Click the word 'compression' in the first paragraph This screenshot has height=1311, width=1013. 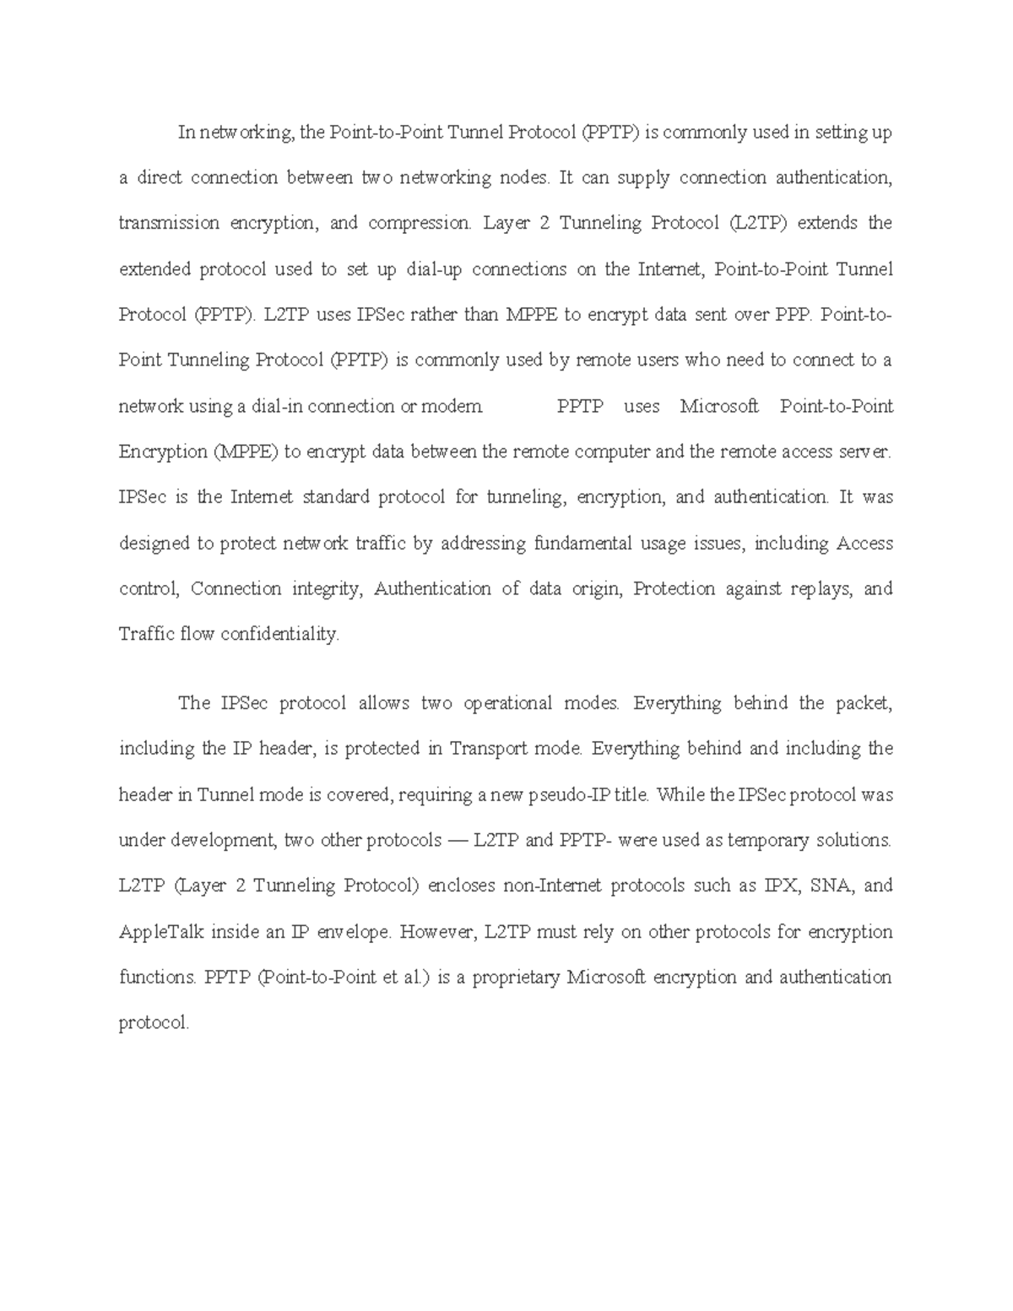pyautogui.click(x=419, y=224)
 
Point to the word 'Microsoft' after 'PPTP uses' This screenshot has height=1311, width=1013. pyautogui.click(x=719, y=407)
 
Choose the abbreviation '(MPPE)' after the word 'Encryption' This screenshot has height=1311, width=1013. pyautogui.click(x=244, y=452)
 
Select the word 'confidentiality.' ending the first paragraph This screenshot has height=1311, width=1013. pyautogui.click(x=279, y=634)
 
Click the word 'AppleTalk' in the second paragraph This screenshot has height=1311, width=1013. pyautogui.click(x=161, y=933)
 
